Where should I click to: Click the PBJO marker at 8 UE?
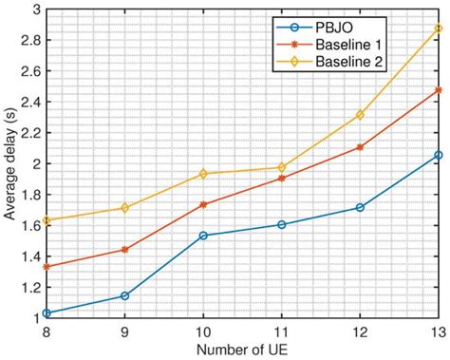(x=47, y=313)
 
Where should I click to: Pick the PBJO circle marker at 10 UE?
(x=202, y=236)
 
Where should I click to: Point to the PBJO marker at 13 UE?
(x=437, y=155)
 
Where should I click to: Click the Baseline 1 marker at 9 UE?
(x=124, y=250)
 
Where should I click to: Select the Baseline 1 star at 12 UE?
(x=359, y=147)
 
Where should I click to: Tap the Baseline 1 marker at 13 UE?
(x=437, y=90)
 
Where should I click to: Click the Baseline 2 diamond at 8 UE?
(x=47, y=220)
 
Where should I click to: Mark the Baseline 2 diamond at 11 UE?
(x=281, y=167)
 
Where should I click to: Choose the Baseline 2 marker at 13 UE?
(x=437, y=28)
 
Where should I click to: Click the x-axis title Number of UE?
(x=241, y=351)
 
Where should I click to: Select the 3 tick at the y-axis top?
(x=35, y=9)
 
